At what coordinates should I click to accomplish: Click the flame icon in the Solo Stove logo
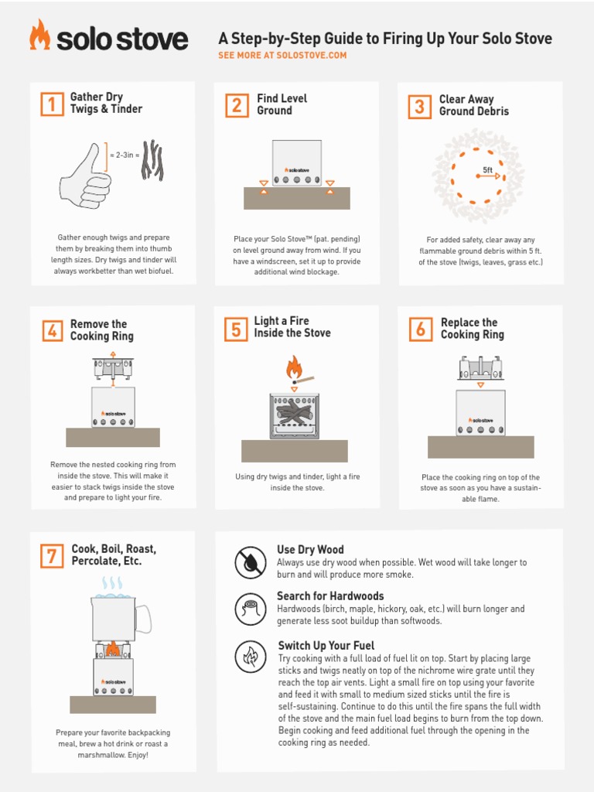(39, 36)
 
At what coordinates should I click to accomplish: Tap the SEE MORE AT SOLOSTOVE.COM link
(282, 56)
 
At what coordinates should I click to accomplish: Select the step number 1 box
(51, 104)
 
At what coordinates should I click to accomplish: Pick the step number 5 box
(235, 329)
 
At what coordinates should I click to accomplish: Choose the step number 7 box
(51, 555)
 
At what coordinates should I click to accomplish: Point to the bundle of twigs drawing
(152, 160)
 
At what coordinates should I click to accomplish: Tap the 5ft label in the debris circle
(487, 169)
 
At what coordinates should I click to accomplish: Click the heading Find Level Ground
(282, 104)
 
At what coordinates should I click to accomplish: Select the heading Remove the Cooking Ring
(101, 330)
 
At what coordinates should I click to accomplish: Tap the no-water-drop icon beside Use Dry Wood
(250, 562)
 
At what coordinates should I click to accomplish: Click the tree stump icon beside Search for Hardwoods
(250, 609)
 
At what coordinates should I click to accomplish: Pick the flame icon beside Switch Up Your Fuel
(250, 657)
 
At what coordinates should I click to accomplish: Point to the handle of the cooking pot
(143, 619)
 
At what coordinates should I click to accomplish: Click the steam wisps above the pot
(113, 582)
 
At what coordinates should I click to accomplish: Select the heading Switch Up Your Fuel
(326, 645)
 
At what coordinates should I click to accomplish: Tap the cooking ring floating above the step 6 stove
(480, 368)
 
